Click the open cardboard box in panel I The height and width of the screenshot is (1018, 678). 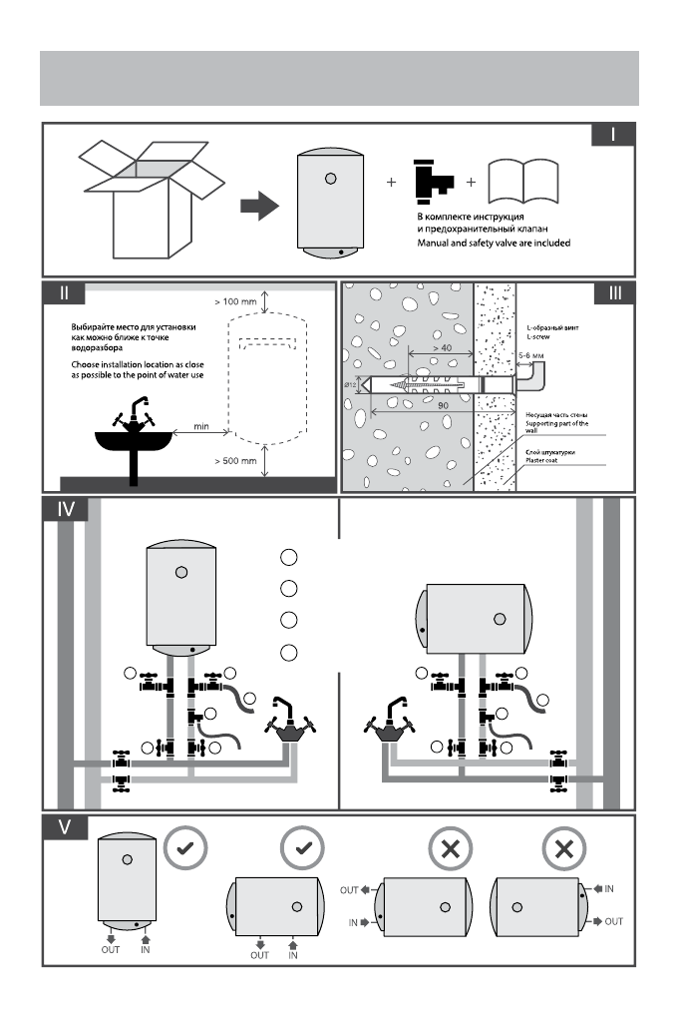[x=152, y=200]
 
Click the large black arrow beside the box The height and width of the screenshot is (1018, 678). [x=259, y=206]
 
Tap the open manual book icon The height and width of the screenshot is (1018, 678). [x=522, y=181]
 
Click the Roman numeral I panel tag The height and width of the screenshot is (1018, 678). [x=613, y=135]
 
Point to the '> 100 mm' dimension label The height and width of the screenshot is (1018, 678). [x=235, y=301]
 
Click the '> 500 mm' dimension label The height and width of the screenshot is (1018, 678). [x=235, y=461]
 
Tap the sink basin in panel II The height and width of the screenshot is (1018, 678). [x=134, y=441]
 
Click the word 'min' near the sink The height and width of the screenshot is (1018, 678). [x=201, y=426]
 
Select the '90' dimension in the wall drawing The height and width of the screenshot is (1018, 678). [x=443, y=405]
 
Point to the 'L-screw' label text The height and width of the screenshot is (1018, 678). [x=537, y=337]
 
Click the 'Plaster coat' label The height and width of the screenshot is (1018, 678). [x=541, y=460]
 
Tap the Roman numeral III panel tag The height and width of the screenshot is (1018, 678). [x=614, y=292]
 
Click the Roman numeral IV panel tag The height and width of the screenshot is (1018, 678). [x=65, y=509]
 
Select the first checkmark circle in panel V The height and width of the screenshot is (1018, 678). [x=184, y=847]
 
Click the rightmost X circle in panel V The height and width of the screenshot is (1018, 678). [x=563, y=848]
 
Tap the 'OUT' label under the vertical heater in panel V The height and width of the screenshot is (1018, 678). [x=111, y=950]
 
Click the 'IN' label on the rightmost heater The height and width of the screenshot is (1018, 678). [x=608, y=889]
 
